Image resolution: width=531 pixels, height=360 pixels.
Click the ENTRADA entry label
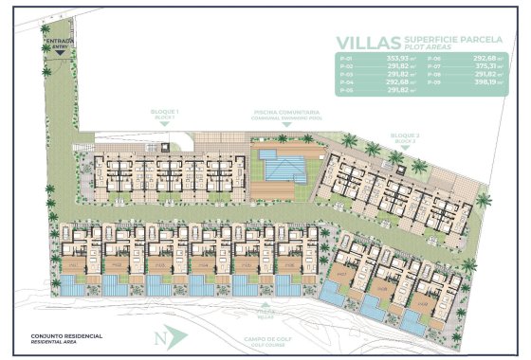(x=58, y=42)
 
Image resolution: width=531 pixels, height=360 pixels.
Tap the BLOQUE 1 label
(x=165, y=114)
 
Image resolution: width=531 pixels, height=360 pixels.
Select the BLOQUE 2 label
(x=404, y=137)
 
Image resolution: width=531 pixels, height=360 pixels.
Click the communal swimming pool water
(x=283, y=168)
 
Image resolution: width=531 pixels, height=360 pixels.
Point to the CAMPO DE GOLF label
(x=265, y=333)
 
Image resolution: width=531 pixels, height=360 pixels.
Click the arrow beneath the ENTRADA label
(x=59, y=51)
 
